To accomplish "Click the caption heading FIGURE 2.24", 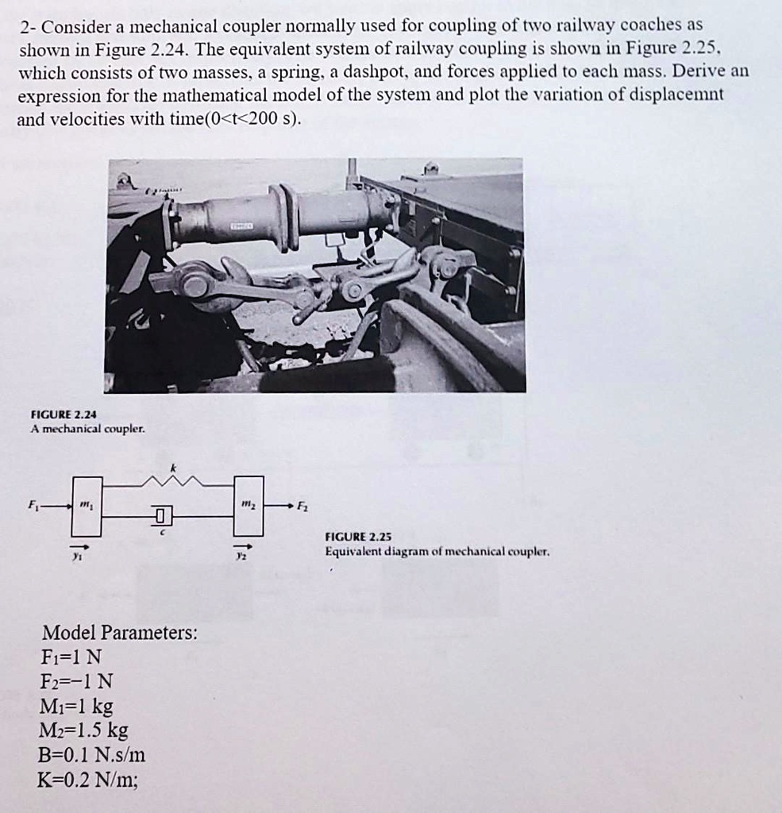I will coord(64,414).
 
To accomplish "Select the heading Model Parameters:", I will coord(119,633).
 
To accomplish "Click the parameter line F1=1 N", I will coord(71,657).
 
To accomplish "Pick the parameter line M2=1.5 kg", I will coord(84,730).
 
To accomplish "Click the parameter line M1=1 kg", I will coord(76,706).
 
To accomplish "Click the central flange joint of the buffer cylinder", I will coord(283,217).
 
